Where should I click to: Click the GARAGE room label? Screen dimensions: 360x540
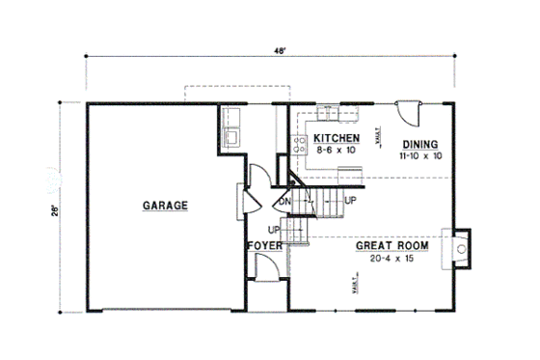[165, 205]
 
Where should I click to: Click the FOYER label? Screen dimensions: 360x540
[264, 247]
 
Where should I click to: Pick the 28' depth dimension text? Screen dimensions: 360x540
[58, 207]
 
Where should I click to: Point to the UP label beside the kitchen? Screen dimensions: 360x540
[350, 200]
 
